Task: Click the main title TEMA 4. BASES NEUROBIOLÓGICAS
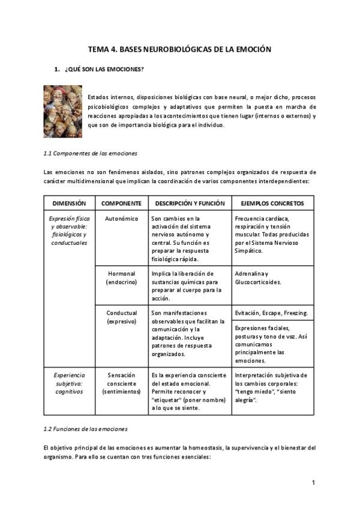(179, 49)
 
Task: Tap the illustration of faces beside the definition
(63, 111)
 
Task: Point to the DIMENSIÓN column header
(69, 203)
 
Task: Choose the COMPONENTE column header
(121, 203)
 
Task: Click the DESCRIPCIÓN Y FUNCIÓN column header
(190, 203)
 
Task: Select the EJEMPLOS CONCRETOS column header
(272, 203)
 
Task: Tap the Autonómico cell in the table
(121, 219)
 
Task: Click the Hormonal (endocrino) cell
(121, 278)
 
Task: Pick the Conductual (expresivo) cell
(121, 317)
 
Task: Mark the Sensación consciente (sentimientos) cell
(121, 383)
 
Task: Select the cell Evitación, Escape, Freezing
(271, 313)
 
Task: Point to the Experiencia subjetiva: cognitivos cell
(69, 383)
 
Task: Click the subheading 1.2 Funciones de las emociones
(85, 429)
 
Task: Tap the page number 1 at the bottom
(313, 483)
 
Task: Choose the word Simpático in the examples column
(251, 250)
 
